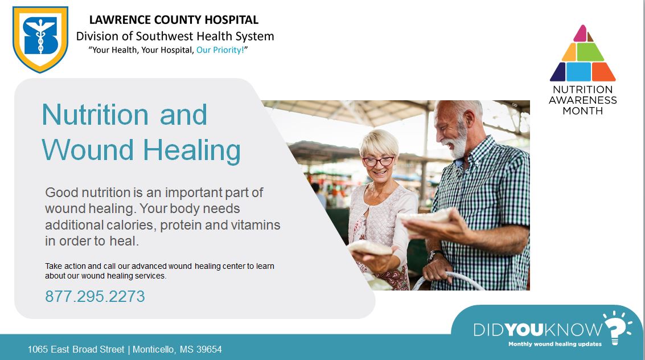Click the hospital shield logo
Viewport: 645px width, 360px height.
pos(40,39)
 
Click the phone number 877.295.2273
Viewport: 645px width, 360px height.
pos(95,297)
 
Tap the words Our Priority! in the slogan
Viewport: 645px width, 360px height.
pos(220,50)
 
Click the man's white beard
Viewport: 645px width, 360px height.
pos(458,142)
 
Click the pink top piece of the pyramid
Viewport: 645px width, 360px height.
pos(581,34)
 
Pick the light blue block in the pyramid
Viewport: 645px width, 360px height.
pos(578,72)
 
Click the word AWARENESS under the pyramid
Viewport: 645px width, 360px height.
pos(583,100)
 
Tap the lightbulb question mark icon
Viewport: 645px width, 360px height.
pos(617,328)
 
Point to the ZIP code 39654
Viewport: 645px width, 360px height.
pos(209,350)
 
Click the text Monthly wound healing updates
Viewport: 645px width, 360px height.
pos(555,344)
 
